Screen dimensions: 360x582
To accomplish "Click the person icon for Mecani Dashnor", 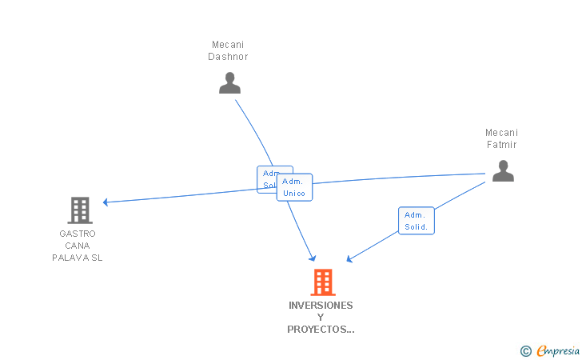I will tap(229, 83).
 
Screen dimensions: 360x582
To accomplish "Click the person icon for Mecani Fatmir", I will tap(502, 171).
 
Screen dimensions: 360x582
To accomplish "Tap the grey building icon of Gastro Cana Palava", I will tap(79, 210).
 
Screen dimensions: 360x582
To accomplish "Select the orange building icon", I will tap(322, 282).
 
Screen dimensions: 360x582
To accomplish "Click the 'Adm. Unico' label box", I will tap(294, 187).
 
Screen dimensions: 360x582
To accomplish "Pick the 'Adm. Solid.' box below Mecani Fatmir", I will tap(416, 221).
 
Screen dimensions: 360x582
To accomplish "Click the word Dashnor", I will tap(229, 57).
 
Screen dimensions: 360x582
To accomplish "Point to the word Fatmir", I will tap(502, 145).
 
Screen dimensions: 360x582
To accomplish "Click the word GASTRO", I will tap(78, 234).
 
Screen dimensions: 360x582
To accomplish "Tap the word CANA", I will tap(78, 246).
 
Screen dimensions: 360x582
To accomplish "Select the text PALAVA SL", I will tap(78, 258).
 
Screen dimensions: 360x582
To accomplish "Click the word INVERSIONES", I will tap(321, 306).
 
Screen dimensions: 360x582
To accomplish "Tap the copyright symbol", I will tap(525, 350).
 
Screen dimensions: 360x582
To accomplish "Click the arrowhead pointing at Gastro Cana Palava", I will tap(106, 202).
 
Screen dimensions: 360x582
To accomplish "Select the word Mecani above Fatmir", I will tap(502, 133).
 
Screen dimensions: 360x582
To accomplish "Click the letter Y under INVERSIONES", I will tap(321, 318).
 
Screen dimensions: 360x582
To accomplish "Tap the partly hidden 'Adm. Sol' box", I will tap(267, 178).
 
